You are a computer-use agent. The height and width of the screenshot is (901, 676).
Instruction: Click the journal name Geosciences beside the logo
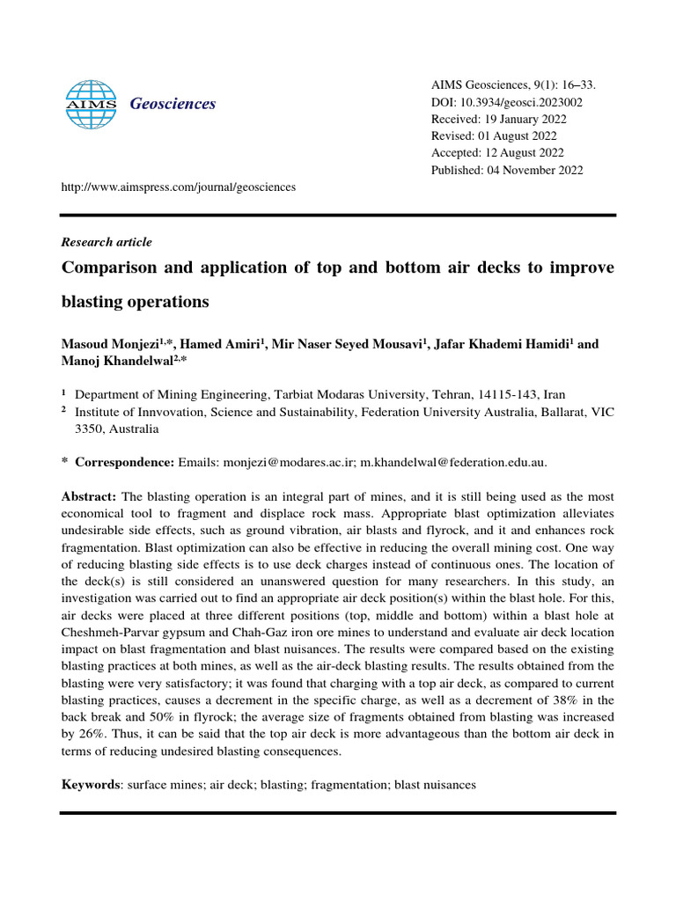tap(173, 104)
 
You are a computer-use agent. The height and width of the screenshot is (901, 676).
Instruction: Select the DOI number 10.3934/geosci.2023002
tap(518, 102)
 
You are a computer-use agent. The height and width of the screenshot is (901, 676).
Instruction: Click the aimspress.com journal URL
tap(178, 187)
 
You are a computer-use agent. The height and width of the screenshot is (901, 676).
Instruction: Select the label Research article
tap(106, 242)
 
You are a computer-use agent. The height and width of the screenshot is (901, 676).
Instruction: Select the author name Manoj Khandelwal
tap(118, 361)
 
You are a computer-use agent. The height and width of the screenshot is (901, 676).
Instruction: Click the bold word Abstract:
tap(89, 497)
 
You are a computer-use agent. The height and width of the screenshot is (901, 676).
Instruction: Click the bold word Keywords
tap(90, 783)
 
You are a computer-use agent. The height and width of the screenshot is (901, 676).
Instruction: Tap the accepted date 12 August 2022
tap(518, 153)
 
